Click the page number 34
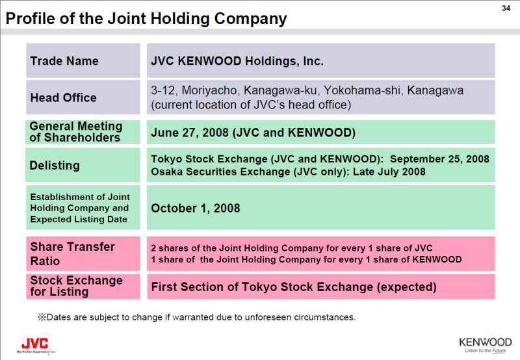(x=506, y=8)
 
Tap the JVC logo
(x=35, y=346)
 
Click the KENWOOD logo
(x=485, y=345)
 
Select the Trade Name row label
(x=64, y=61)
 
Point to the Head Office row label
(x=63, y=97)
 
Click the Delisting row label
(x=55, y=166)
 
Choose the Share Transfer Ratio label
(x=72, y=254)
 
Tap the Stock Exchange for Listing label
(x=76, y=286)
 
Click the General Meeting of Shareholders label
(x=76, y=132)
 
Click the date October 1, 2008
(x=196, y=208)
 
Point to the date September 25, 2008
(x=439, y=159)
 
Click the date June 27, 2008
(x=190, y=133)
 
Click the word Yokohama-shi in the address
(x=363, y=90)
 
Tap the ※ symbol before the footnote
(x=42, y=317)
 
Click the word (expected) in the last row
(x=407, y=287)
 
